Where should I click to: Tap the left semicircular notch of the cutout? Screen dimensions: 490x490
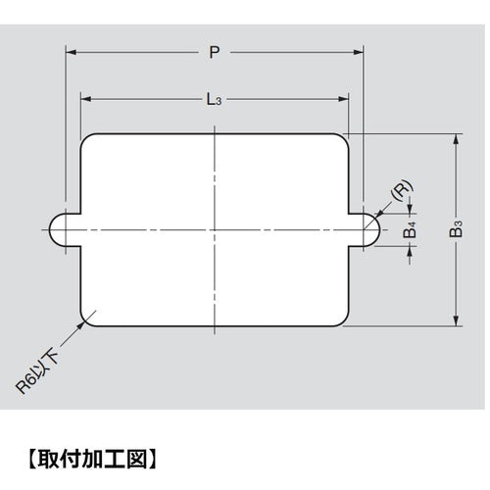tap(62, 230)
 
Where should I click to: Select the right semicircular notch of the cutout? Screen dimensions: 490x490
tap(367, 230)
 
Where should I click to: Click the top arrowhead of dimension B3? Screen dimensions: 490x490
tap(455, 138)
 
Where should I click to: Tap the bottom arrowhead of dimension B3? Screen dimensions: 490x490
tap(455, 323)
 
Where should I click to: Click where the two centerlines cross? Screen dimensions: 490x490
tap(215, 230)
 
